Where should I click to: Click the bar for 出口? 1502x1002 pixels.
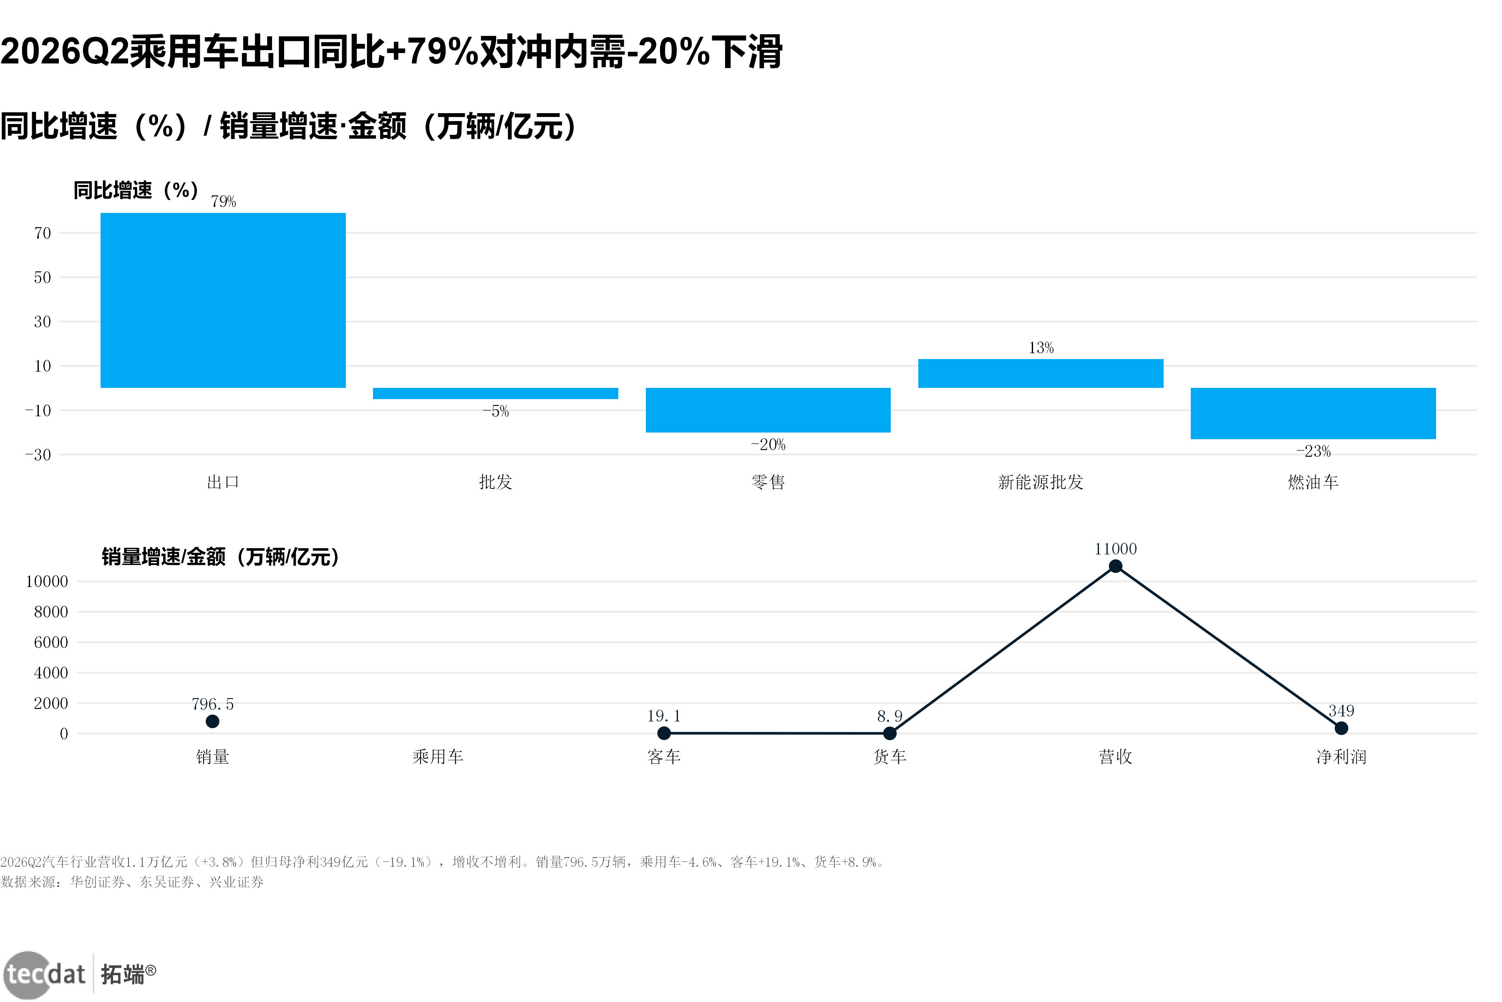coord(223,300)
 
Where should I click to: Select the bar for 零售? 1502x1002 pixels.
coord(768,410)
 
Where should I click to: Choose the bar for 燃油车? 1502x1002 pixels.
coord(1313,413)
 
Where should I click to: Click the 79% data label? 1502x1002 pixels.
coord(224,202)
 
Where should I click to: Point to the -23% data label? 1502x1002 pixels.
coord(1313,451)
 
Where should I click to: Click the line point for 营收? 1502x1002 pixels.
coord(1116,566)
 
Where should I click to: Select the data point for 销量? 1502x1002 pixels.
coord(213,721)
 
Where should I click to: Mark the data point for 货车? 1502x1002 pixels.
coord(890,733)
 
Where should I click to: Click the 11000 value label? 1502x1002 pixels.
coord(1116,549)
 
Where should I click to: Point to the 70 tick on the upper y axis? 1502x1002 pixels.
coord(43,233)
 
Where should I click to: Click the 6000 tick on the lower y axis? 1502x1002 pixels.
coord(51,642)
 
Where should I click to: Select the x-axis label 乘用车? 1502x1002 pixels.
coord(438,757)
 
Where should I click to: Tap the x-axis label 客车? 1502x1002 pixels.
coord(664,757)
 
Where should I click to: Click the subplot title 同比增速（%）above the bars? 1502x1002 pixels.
coord(136,190)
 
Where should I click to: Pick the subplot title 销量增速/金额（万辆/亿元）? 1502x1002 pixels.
coord(221,557)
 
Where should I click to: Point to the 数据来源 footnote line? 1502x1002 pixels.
coord(132,882)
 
